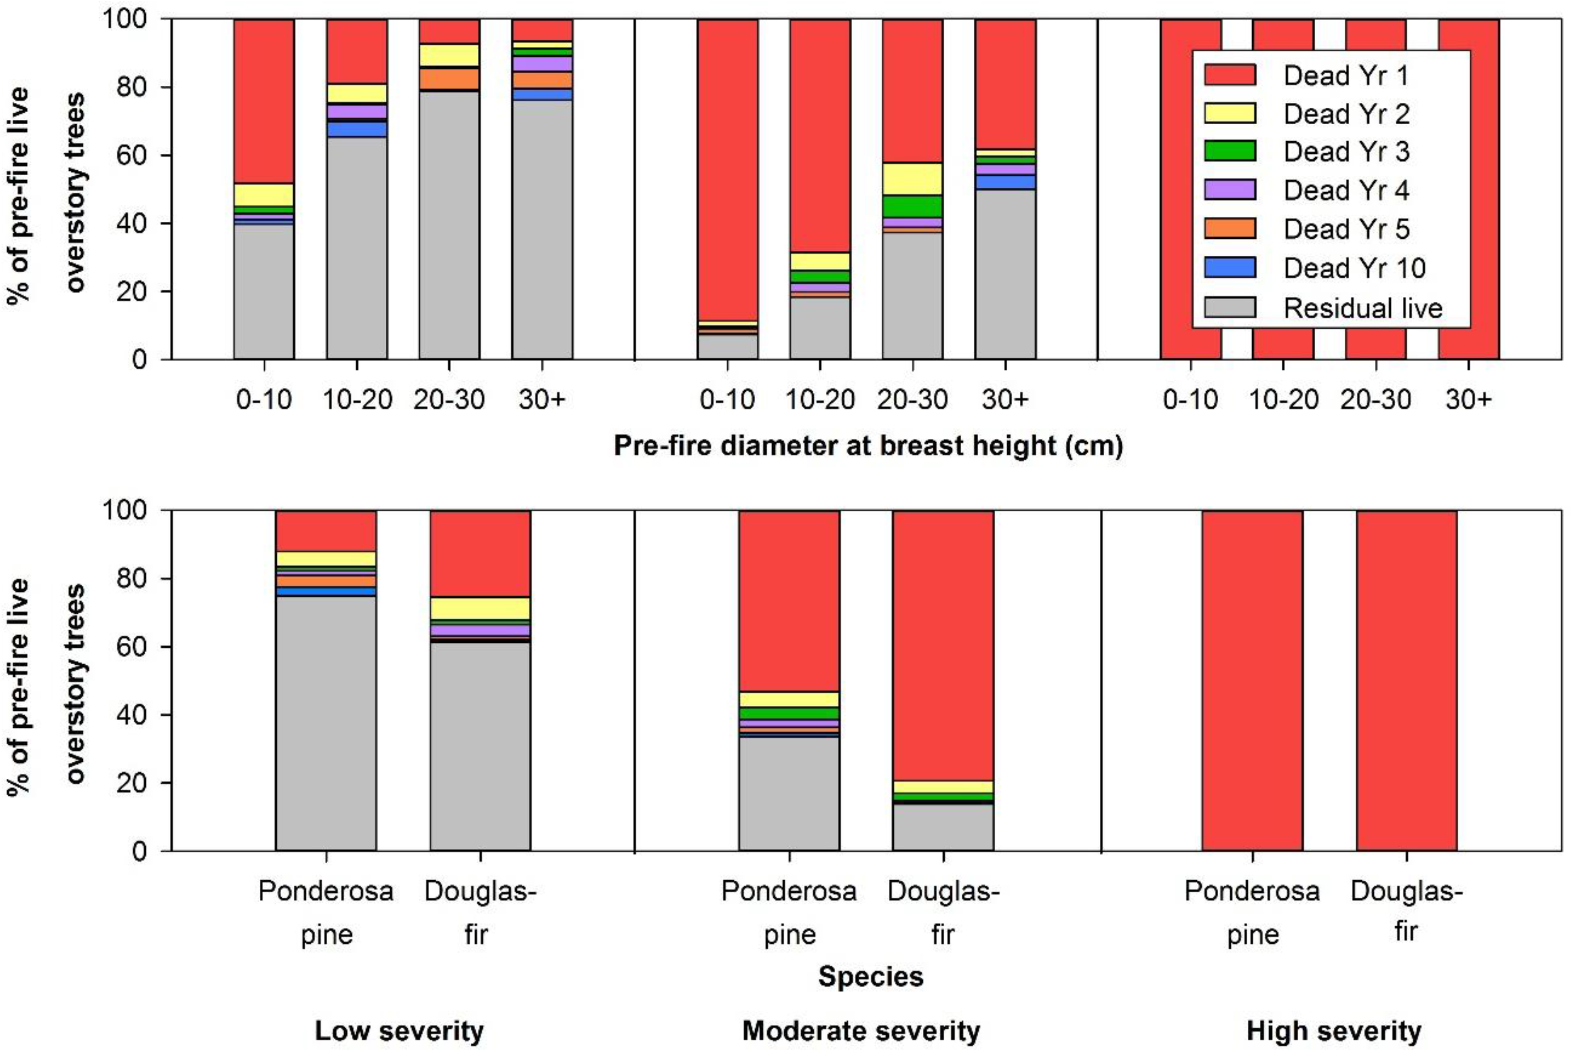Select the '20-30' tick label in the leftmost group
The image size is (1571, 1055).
click(x=449, y=400)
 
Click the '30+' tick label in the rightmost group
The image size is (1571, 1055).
click(x=1469, y=400)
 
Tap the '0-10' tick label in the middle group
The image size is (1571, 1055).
click(x=727, y=400)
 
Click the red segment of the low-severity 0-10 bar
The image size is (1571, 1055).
click(x=264, y=101)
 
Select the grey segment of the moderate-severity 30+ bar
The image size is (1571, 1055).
click(x=1005, y=274)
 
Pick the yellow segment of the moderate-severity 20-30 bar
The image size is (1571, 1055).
click(x=912, y=179)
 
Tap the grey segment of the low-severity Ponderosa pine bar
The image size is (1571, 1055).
click(x=325, y=723)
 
